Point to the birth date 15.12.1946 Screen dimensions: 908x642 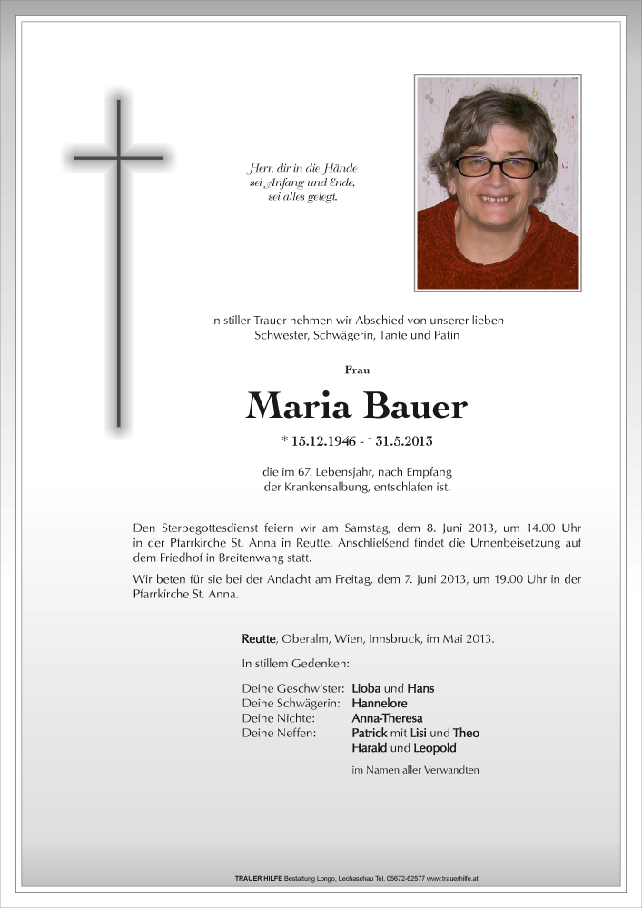[323, 442]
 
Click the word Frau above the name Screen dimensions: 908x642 [357, 370]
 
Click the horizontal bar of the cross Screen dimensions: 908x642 [118, 158]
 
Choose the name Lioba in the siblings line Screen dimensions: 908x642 [366, 688]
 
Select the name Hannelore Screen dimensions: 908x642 [380, 703]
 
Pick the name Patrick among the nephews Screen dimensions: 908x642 [370, 733]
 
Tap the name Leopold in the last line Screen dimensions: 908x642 [434, 748]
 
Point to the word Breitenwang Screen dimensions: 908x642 [270, 558]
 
